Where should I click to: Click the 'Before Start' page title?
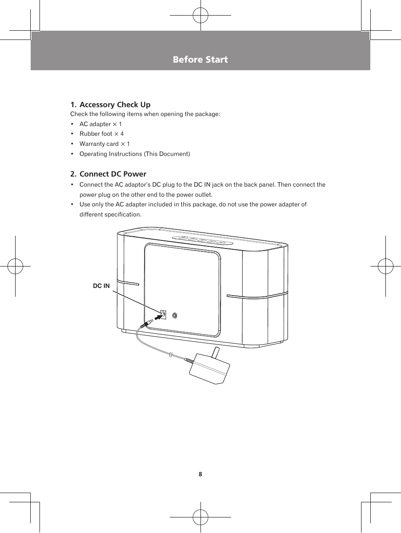coord(200,60)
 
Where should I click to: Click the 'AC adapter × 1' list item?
coord(100,124)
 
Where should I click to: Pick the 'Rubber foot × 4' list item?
coord(101,134)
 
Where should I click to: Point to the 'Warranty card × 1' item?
coord(105,144)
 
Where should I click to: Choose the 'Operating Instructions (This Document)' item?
coord(135,154)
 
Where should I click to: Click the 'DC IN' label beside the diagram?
coord(101,286)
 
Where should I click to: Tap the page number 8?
coord(200,474)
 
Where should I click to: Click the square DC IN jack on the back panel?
coord(164,314)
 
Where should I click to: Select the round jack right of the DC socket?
coord(175,315)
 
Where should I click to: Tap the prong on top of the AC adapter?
coord(216,352)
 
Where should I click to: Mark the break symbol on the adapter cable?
coord(171,355)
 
